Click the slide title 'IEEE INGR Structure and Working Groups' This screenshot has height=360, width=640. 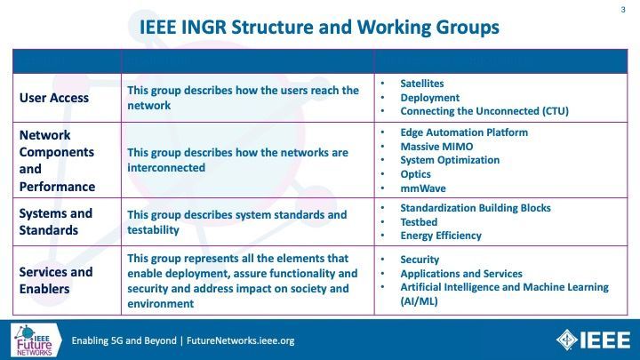click(319, 28)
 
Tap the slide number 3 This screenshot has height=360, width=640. click(623, 10)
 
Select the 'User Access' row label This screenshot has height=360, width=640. click(54, 98)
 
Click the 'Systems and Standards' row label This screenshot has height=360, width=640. click(56, 221)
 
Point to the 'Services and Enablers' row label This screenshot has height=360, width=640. click(56, 280)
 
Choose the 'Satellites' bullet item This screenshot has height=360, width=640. click(422, 84)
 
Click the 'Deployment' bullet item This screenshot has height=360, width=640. click(430, 98)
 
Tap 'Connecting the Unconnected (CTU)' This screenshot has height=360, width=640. click(484, 111)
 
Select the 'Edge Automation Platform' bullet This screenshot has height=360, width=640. click(464, 132)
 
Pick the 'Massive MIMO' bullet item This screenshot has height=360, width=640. click(436, 147)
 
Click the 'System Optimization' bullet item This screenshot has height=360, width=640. click(450, 160)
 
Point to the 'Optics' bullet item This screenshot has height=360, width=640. click(415, 174)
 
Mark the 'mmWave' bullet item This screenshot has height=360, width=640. click(423, 188)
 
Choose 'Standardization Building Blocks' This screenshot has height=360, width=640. click(476, 208)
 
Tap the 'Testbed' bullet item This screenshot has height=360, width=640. click(419, 222)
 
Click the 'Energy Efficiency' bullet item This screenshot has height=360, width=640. click(441, 236)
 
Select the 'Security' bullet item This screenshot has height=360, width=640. click(420, 260)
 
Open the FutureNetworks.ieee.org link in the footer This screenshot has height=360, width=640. click(240, 340)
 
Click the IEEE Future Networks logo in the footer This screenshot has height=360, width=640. click(36, 340)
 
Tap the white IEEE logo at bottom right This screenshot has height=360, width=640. click(593, 340)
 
